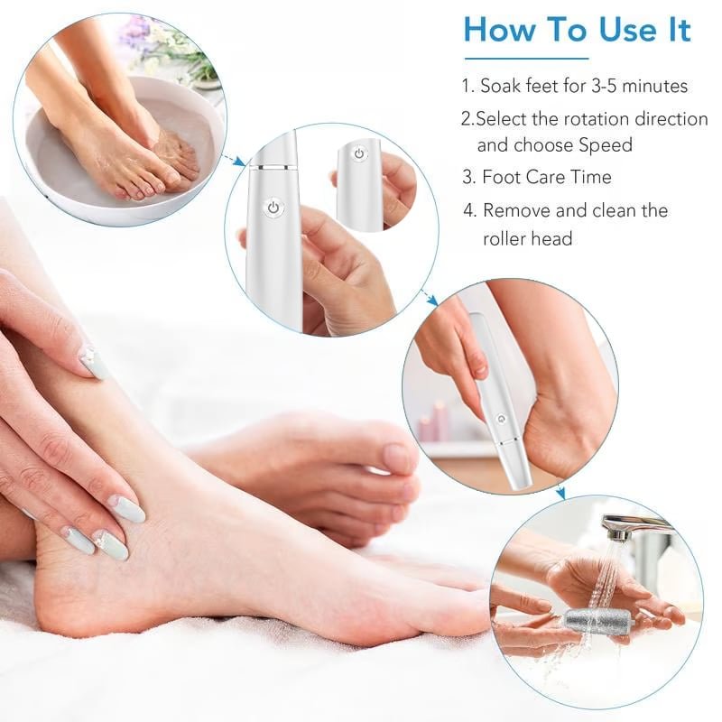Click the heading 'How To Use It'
click(x=577, y=30)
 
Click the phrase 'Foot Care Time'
click(x=547, y=177)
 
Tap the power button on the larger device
click(x=272, y=208)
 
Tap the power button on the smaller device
click(x=358, y=154)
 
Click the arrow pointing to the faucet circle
click(x=560, y=493)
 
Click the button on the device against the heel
click(x=499, y=419)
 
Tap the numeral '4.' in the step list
click(x=469, y=210)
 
